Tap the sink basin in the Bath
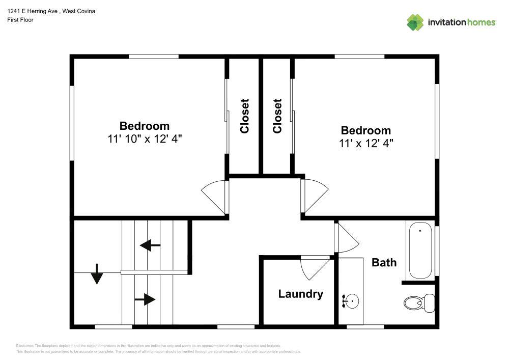click(351, 301)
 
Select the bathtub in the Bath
click(420, 252)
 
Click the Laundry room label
click(300, 294)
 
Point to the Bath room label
click(384, 262)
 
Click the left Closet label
click(245, 116)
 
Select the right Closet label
click(277, 116)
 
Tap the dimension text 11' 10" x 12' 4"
click(145, 139)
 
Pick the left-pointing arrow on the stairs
click(150, 246)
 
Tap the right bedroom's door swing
click(315, 195)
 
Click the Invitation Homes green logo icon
click(415, 22)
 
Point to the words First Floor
click(20, 20)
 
